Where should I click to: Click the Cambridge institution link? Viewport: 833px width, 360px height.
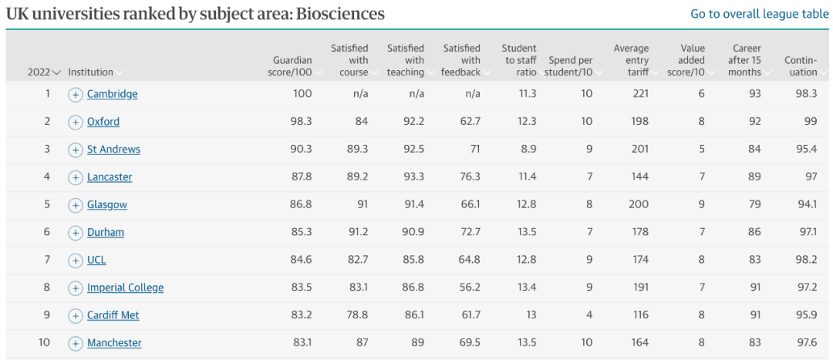112,94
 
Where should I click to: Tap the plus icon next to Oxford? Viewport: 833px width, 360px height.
76,122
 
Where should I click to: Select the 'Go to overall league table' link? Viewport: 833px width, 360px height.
759,14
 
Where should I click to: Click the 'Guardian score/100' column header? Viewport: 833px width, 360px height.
289,66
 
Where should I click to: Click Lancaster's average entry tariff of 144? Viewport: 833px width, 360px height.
640,177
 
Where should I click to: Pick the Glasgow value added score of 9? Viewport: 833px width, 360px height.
702,204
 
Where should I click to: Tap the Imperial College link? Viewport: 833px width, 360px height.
126,288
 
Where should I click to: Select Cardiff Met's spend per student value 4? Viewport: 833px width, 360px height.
589,315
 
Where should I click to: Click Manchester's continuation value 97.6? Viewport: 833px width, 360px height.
807,342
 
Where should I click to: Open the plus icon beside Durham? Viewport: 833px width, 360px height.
76,233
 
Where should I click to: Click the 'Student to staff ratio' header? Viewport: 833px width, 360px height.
519,60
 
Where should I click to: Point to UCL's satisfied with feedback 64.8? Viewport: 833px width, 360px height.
470,260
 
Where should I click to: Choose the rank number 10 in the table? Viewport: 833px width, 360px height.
45,342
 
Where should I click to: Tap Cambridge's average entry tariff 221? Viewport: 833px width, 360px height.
640,94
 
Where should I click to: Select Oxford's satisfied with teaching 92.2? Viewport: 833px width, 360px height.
413,122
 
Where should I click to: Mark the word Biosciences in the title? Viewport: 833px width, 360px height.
339,14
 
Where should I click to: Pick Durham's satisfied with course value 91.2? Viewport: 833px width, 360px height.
357,232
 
